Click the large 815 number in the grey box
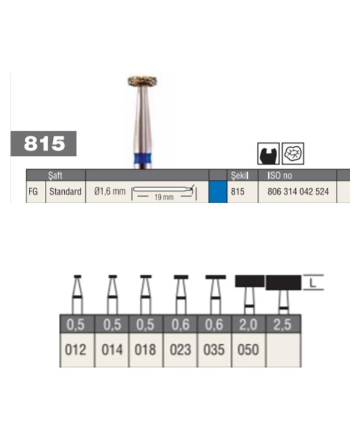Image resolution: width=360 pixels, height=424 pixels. pos(44,143)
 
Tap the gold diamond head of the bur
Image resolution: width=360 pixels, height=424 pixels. pos(142,81)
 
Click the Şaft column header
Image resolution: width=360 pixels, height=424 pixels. pos(55,176)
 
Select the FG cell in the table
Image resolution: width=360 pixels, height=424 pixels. pos(32,191)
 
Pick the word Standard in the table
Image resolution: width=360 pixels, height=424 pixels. pos(65,191)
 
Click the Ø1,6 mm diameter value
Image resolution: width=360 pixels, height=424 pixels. pos(110,191)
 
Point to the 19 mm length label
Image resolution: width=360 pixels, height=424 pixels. pos(164,197)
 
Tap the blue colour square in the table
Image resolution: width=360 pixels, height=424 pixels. pos(218,191)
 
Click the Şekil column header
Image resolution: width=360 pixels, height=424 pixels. pos(239,176)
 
